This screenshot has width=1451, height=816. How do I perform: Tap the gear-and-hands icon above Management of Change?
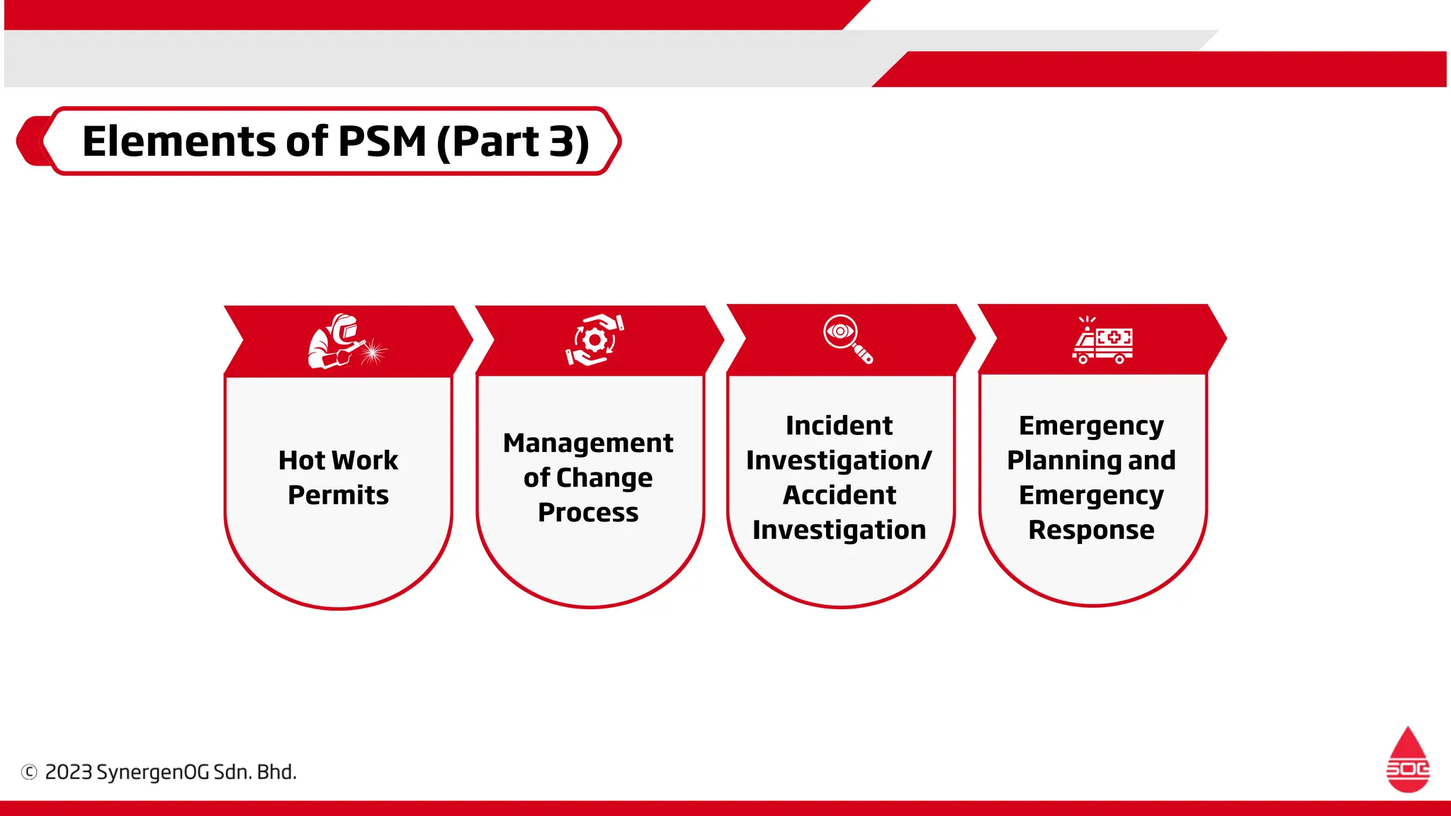pyautogui.click(x=595, y=340)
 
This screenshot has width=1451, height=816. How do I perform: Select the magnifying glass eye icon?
pyautogui.click(x=848, y=339)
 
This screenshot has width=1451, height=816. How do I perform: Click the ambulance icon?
pyautogui.click(x=1102, y=341)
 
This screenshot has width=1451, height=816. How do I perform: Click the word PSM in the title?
pyautogui.click(x=382, y=141)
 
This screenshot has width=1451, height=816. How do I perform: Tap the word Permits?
pyautogui.click(x=338, y=494)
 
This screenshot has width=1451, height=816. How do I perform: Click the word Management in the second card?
pyautogui.click(x=588, y=443)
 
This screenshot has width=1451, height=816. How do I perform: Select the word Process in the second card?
pyautogui.click(x=588, y=512)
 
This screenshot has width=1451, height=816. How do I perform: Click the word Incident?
pyautogui.click(x=839, y=426)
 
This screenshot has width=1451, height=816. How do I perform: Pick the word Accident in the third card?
pyautogui.click(x=839, y=495)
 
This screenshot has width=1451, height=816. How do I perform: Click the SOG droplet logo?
pyautogui.click(x=1408, y=759)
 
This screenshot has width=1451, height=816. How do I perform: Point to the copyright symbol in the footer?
pyautogui.click(x=29, y=772)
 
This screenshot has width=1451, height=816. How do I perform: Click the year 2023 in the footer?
pyautogui.click(x=69, y=772)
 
